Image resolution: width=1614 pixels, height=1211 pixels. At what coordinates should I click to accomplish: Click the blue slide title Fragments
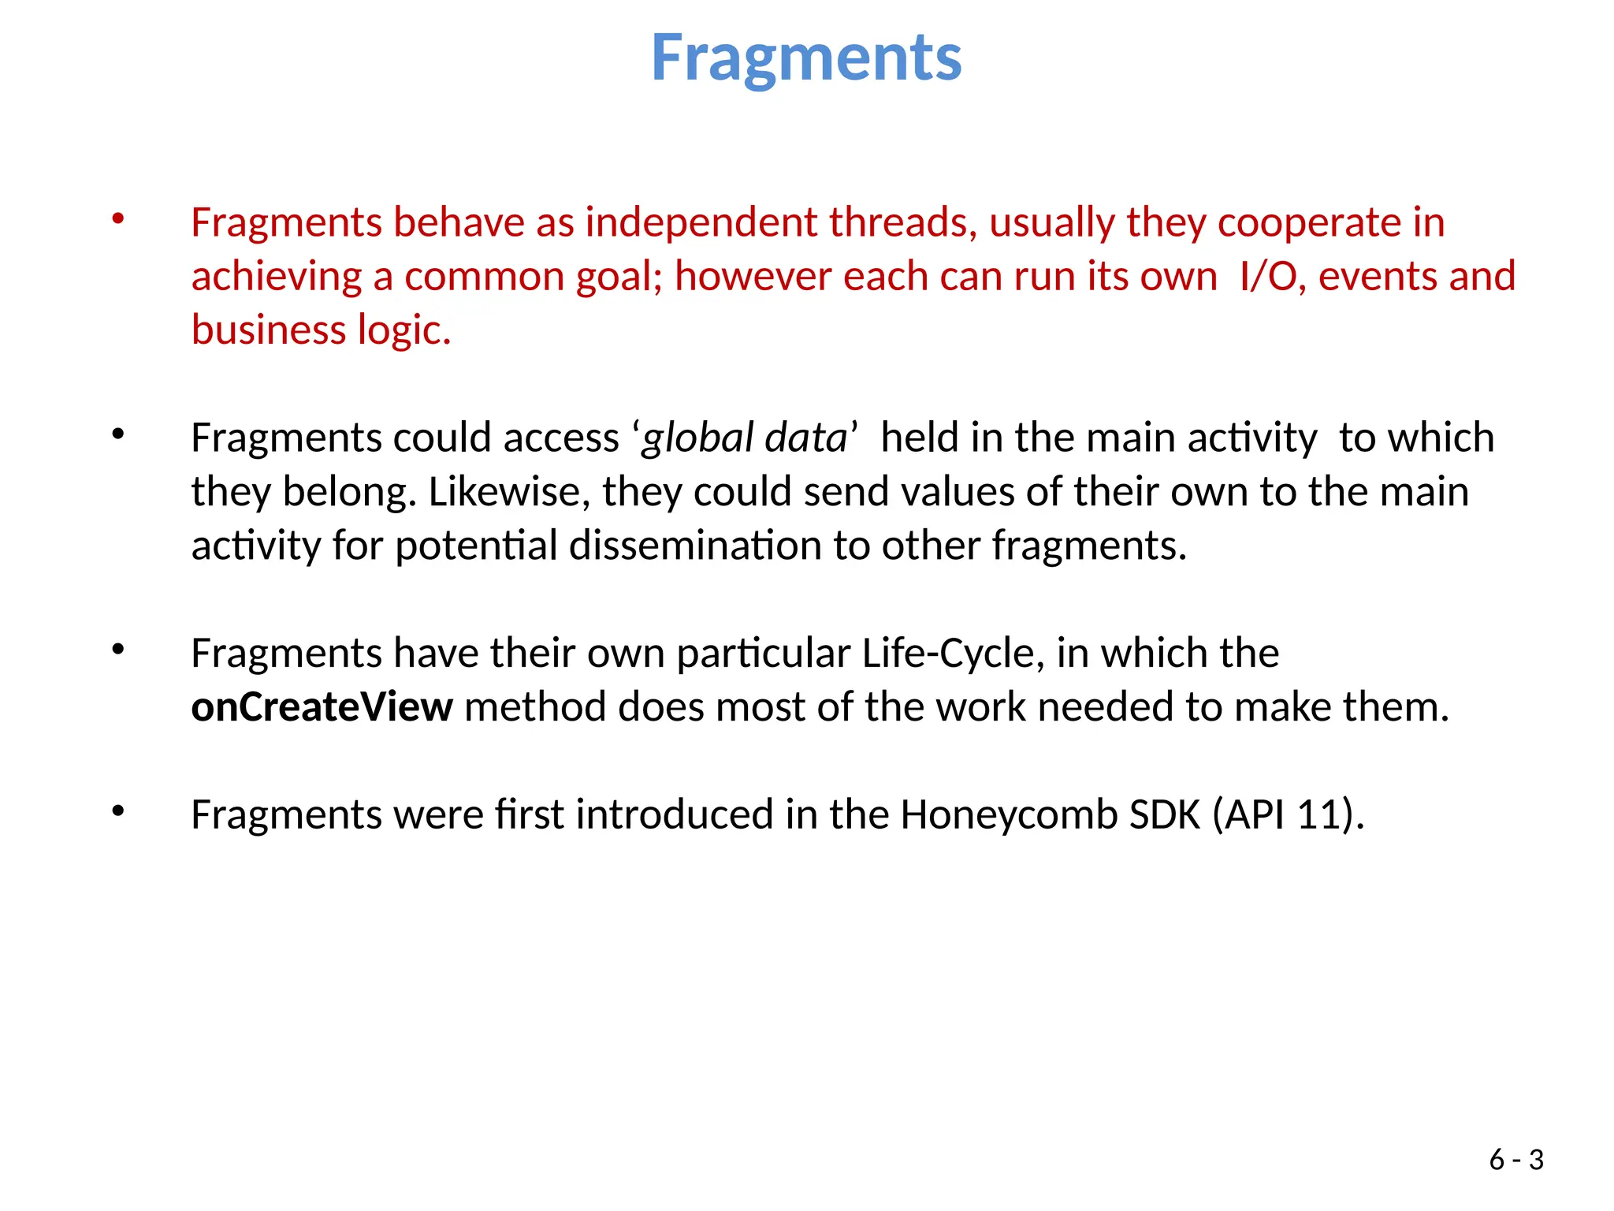coord(806,58)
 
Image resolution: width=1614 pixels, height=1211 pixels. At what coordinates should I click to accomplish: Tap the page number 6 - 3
coord(1515,1160)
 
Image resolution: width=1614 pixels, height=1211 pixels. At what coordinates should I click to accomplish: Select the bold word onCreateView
coord(322,706)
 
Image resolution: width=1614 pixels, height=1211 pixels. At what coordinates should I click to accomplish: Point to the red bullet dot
coord(118,218)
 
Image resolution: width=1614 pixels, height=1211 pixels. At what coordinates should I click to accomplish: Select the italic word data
coord(805,438)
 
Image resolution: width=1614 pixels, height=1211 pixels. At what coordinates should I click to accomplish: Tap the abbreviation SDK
coord(1164,814)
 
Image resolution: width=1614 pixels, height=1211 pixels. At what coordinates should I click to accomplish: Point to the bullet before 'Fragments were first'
coord(118,810)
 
